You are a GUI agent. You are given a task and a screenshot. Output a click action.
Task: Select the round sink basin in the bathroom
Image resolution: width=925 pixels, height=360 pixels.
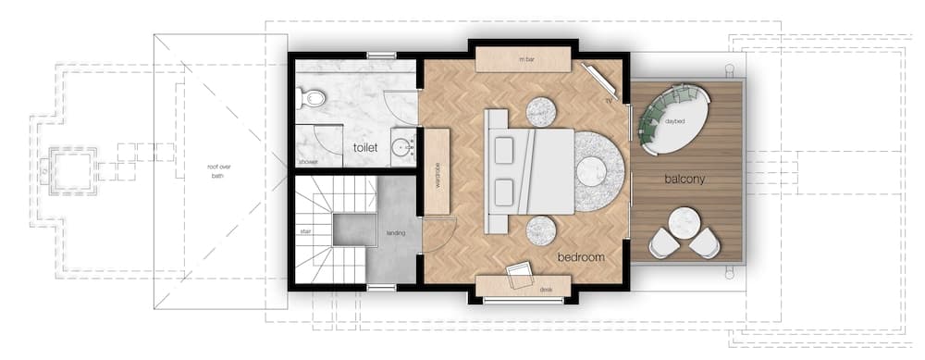(401, 145)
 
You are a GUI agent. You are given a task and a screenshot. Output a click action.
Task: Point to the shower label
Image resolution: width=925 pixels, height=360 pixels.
(308, 161)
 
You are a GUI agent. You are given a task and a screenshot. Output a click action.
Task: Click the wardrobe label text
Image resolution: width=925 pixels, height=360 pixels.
(436, 172)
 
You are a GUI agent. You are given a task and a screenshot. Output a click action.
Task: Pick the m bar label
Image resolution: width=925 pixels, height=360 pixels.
(527, 59)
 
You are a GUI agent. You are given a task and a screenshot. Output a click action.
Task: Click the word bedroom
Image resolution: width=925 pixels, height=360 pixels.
(580, 255)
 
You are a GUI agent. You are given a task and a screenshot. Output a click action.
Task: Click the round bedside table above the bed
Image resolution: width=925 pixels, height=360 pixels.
(541, 111)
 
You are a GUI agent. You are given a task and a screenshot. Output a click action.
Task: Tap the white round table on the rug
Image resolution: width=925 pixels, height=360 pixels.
(591, 171)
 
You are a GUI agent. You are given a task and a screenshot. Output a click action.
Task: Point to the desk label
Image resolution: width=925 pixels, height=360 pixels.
(546, 289)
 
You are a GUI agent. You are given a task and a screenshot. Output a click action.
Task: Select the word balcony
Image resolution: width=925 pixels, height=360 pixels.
(684, 179)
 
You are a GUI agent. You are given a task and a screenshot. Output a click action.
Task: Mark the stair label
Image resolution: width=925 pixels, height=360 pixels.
(304, 230)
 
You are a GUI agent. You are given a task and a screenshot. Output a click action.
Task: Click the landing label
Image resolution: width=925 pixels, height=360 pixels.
(397, 232)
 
